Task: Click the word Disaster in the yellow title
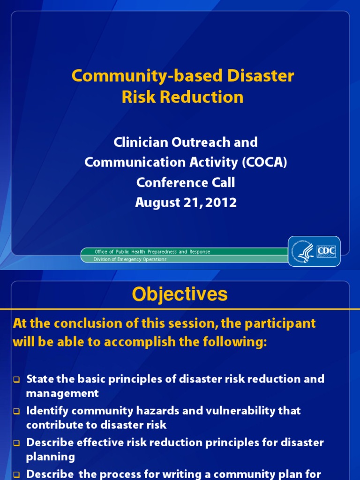[x=261, y=75]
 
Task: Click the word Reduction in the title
[x=202, y=97]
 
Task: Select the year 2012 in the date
[x=221, y=202]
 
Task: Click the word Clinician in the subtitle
[x=141, y=142]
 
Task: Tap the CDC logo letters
[x=326, y=251]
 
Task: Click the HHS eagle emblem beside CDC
[x=304, y=252]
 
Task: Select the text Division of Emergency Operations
[x=130, y=259]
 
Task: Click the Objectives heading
[x=180, y=294]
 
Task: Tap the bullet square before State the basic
[x=16, y=380]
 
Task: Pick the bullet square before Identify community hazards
[x=16, y=412]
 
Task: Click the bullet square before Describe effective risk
[x=16, y=443]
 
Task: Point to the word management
[x=62, y=394]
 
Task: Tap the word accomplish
[x=140, y=342]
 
